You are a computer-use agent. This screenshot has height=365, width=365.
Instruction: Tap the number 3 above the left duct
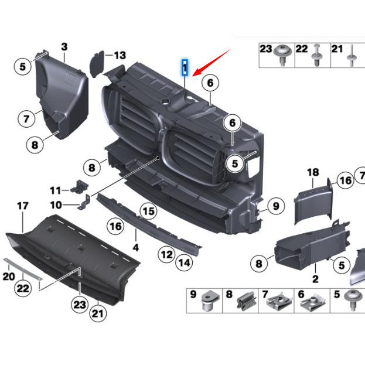coord(64,46)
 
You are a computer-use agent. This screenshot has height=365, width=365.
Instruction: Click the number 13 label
coord(120,56)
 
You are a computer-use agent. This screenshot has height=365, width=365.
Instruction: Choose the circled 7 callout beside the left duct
coord(26,119)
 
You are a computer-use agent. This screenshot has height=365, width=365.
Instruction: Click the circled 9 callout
coord(275,206)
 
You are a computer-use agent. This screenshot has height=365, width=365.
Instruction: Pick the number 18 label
coord(313,172)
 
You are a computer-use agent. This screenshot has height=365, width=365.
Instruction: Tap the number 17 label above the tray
coord(22,206)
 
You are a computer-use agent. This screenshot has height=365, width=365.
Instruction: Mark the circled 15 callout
coord(148,211)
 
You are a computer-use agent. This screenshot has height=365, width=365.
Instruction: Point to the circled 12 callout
coord(167,254)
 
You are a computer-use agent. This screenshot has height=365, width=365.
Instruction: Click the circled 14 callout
coord(184,263)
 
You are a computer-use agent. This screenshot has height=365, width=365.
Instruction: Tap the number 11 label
coord(55,190)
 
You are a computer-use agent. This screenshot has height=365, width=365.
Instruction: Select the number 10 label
coord(56,205)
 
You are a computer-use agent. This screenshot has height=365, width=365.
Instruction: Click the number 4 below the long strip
coord(136,248)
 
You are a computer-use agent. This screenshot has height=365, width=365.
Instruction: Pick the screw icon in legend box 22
coord(317,57)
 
